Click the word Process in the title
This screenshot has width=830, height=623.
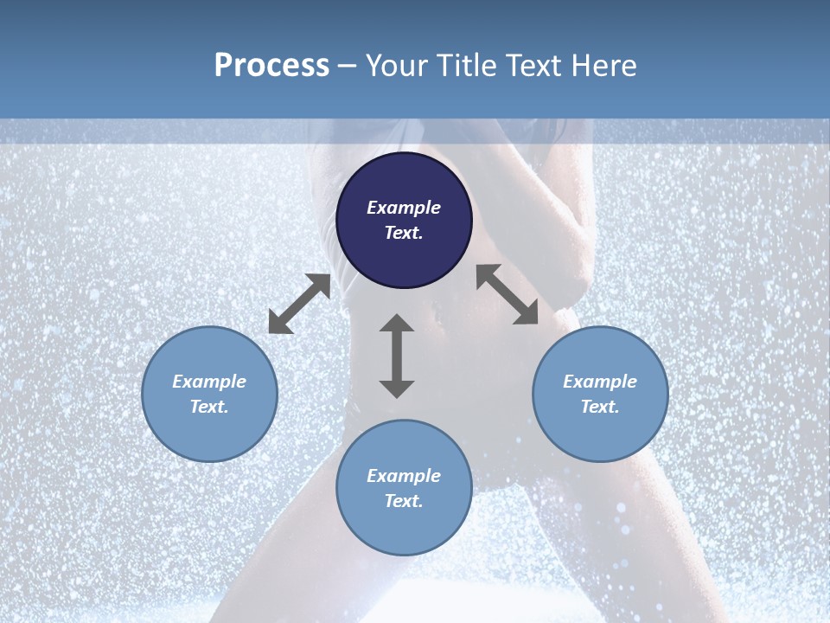pyautogui.click(x=271, y=66)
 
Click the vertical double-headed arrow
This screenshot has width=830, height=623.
pyautogui.click(x=397, y=356)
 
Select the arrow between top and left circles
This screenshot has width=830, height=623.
pyautogui.click(x=299, y=304)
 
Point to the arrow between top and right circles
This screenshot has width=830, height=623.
pyautogui.click(x=508, y=294)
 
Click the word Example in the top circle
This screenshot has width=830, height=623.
pyautogui.click(x=404, y=208)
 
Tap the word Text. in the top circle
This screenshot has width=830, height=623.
pyautogui.click(x=404, y=233)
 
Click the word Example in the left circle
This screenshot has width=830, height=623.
pyautogui.click(x=209, y=382)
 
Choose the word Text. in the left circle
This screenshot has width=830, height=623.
pyautogui.click(x=209, y=407)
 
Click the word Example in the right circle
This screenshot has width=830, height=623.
pyautogui.click(x=600, y=382)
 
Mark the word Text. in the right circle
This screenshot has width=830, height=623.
pyautogui.click(x=600, y=407)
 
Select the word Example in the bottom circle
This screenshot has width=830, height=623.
pyautogui.click(x=404, y=476)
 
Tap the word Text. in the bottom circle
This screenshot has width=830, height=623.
pyautogui.click(x=404, y=501)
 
